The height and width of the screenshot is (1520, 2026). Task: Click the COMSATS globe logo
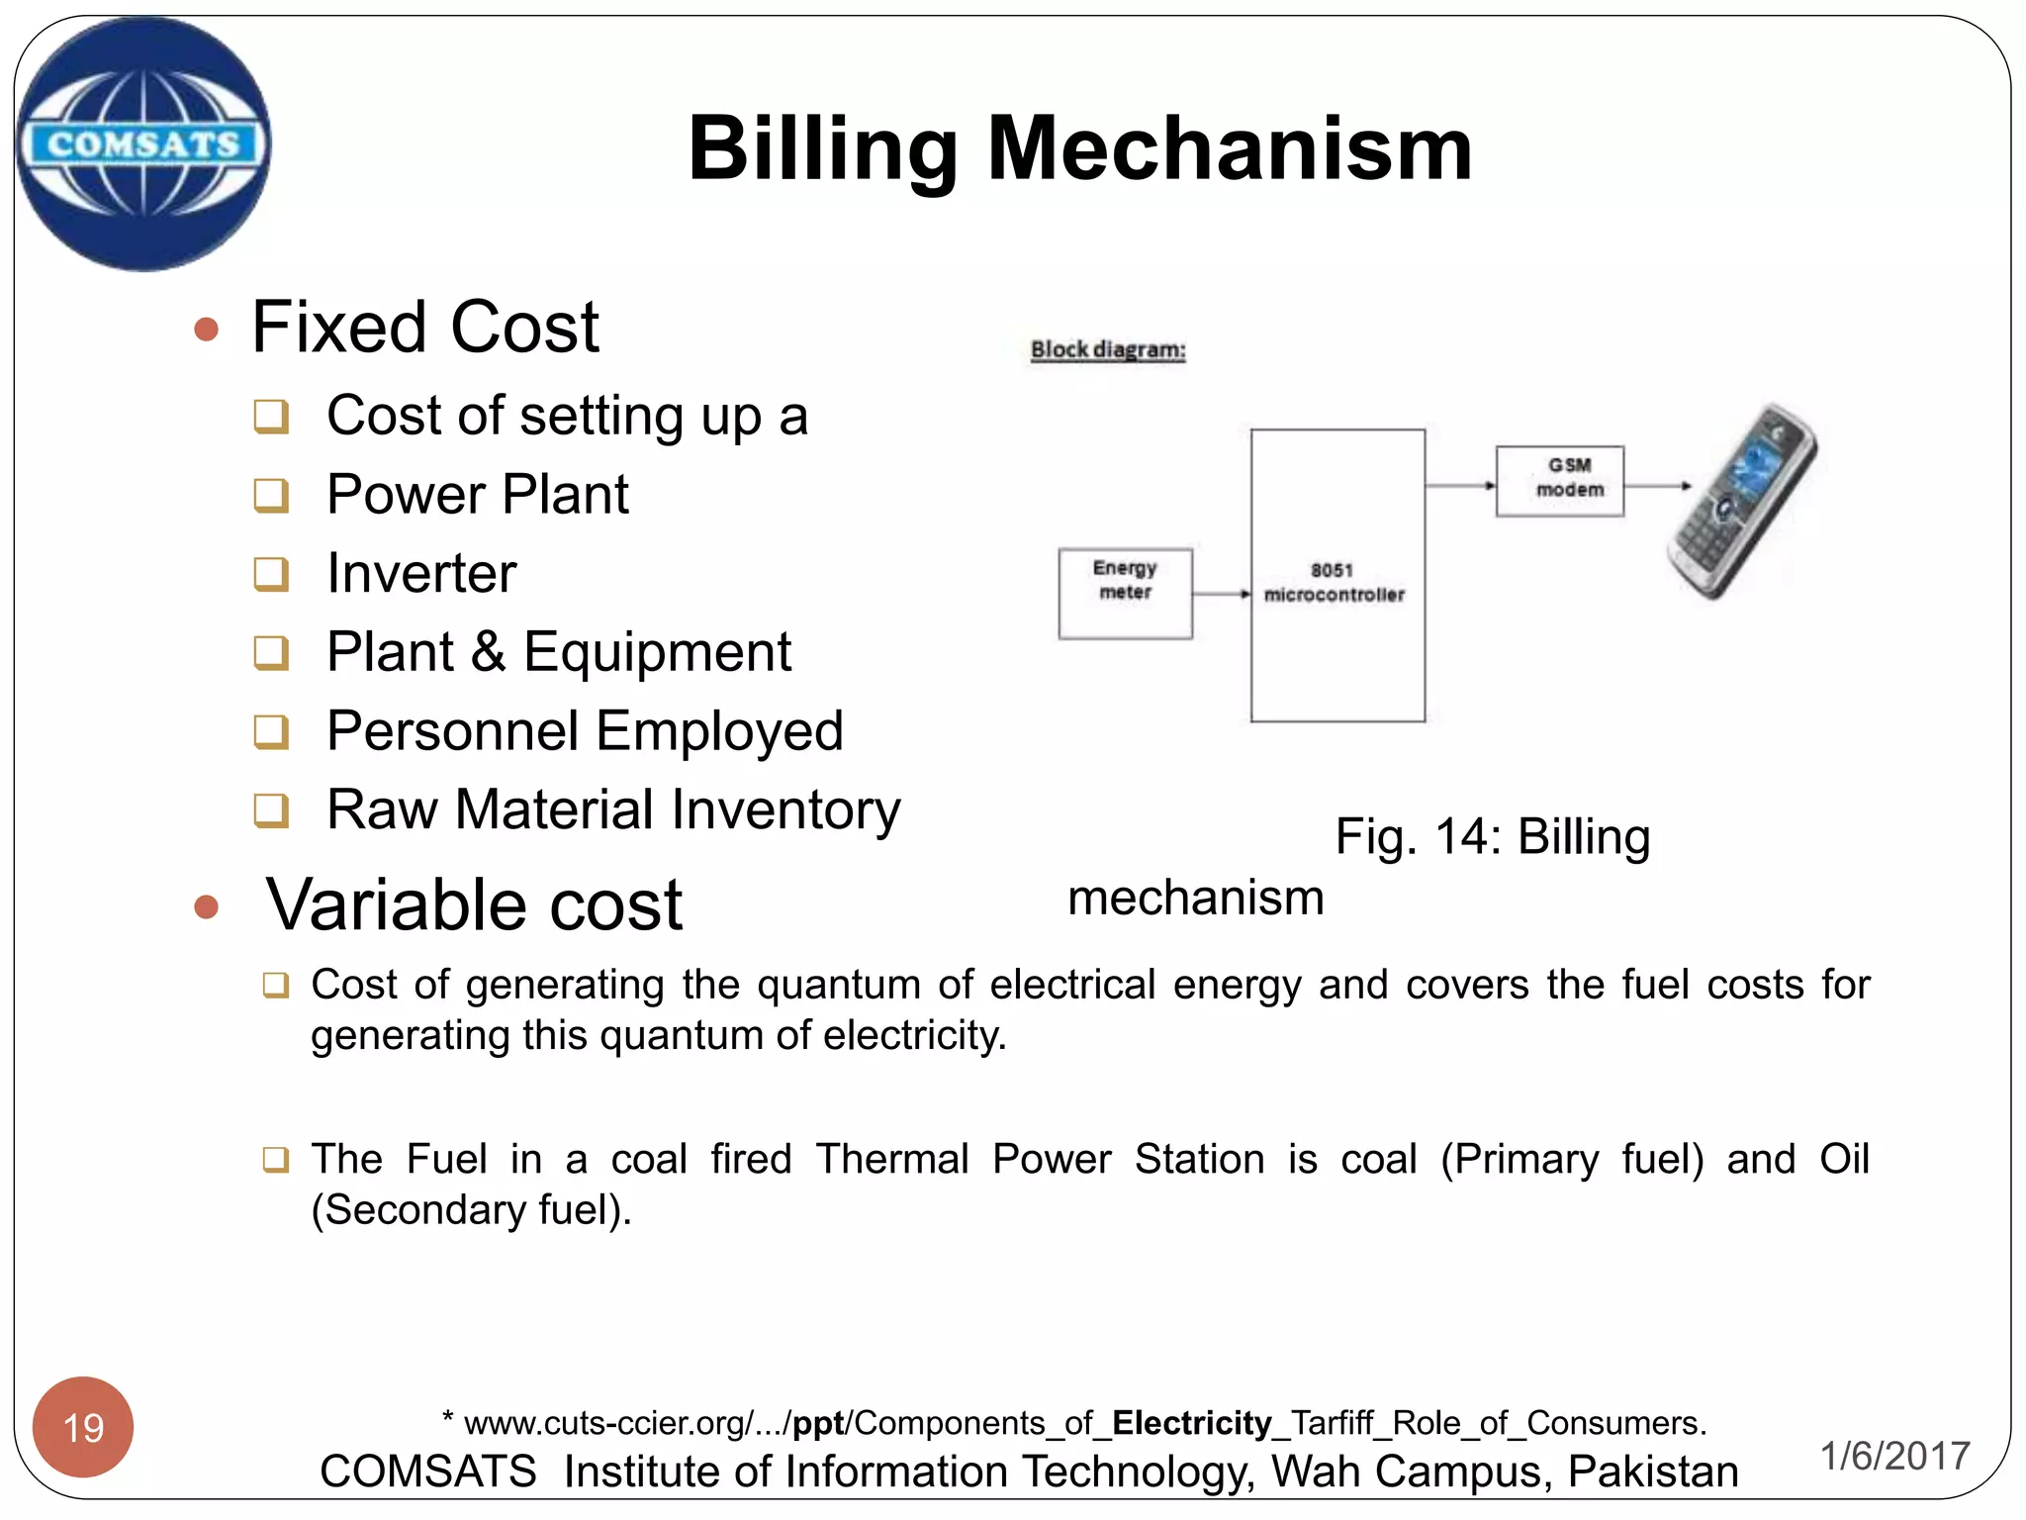pyautogui.click(x=144, y=144)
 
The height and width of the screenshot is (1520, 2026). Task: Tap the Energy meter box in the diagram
pyautogui.click(x=1125, y=593)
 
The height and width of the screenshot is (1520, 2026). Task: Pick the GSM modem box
pyautogui.click(x=1560, y=481)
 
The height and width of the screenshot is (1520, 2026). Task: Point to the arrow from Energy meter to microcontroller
pyautogui.click(x=1222, y=595)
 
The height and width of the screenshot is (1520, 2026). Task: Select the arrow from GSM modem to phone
pyautogui.click(x=1658, y=486)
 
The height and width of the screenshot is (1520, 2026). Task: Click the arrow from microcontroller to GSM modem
pyautogui.click(x=1460, y=486)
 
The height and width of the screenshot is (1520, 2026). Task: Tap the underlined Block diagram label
pyautogui.click(x=1108, y=349)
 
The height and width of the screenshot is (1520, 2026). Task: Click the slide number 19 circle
pyautogui.click(x=83, y=1427)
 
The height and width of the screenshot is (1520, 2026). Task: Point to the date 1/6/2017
pyautogui.click(x=1894, y=1456)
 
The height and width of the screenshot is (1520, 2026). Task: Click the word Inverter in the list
pyautogui.click(x=421, y=573)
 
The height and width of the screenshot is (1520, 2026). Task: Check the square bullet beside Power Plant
pyautogui.click(x=271, y=495)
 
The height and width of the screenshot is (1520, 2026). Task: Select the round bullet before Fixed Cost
pyautogui.click(x=206, y=330)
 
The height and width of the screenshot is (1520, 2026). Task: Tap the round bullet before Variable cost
pyautogui.click(x=206, y=906)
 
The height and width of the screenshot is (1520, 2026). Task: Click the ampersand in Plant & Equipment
pyautogui.click(x=488, y=652)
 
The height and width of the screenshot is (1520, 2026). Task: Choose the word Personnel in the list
pyautogui.click(x=452, y=731)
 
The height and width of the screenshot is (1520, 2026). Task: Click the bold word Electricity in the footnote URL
pyautogui.click(x=1191, y=1423)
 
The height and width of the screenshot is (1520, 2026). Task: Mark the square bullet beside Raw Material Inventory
pyautogui.click(x=271, y=810)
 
